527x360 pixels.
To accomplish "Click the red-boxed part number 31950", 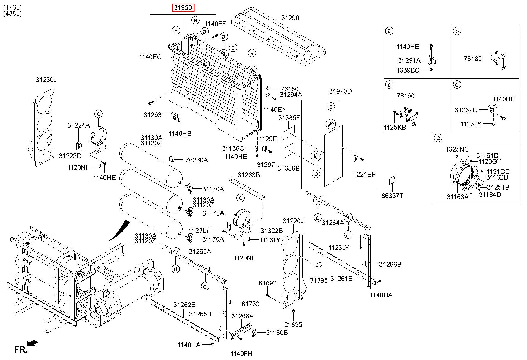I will click(183, 7).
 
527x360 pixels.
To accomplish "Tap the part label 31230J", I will click(46, 80).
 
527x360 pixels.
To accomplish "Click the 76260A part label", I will click(196, 160).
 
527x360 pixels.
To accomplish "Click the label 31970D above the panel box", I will click(340, 91).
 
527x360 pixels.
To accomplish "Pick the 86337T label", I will click(392, 196).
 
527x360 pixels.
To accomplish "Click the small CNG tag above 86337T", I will click(393, 179).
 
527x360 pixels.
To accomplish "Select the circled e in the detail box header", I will click(438, 138).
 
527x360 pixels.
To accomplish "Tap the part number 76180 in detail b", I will click(473, 59).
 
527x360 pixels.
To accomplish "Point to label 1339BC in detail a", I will click(408, 70).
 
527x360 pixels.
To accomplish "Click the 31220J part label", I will click(293, 221).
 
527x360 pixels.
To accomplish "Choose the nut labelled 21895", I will click(293, 311).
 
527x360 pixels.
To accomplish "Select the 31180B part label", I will click(277, 333).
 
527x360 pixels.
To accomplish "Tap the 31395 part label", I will click(319, 280).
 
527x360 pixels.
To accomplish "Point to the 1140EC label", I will click(150, 56).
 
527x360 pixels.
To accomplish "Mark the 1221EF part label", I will click(364, 174).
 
